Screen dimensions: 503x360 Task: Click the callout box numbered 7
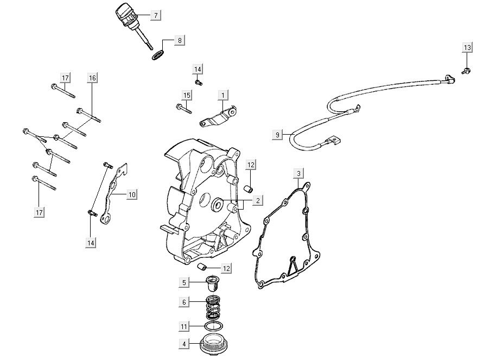point(156,15)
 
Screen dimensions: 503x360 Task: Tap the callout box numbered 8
point(180,40)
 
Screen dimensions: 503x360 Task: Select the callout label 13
point(467,48)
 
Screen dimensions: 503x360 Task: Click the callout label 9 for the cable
point(277,134)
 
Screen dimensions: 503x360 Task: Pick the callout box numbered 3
point(298,173)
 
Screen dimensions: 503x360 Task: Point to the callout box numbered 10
point(132,194)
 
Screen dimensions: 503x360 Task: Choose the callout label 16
point(92,78)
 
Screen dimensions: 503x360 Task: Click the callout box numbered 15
point(187,95)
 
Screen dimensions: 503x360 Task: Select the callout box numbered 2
point(258,201)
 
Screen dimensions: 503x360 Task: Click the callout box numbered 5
point(184,282)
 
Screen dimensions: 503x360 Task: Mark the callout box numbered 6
point(184,302)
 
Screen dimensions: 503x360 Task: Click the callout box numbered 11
point(184,327)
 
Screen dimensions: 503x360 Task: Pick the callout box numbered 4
point(184,344)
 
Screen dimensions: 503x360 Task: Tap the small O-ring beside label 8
point(157,55)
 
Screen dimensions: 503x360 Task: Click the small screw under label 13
point(466,71)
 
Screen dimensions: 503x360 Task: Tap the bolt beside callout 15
point(184,109)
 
